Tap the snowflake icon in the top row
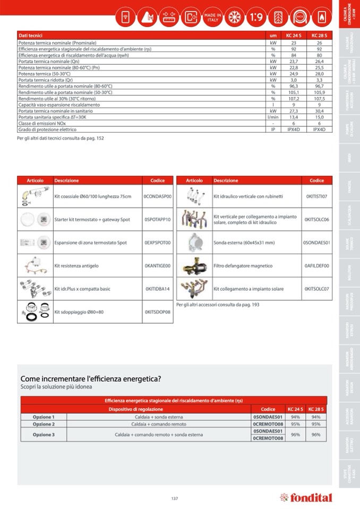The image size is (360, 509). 234,17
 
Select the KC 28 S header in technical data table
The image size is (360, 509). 319,36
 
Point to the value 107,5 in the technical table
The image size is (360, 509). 319,99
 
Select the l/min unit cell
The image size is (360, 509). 273,117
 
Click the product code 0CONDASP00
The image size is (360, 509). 158,196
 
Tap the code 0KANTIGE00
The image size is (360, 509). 158,265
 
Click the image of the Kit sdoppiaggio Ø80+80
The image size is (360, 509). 35,312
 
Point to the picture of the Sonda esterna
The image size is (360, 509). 194,242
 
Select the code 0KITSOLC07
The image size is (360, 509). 318,289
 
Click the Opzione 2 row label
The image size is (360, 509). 44,424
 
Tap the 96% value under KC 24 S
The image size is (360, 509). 295,435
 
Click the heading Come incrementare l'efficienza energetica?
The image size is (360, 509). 90,378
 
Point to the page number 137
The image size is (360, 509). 175,498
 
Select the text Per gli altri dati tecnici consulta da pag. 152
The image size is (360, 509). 61,139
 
